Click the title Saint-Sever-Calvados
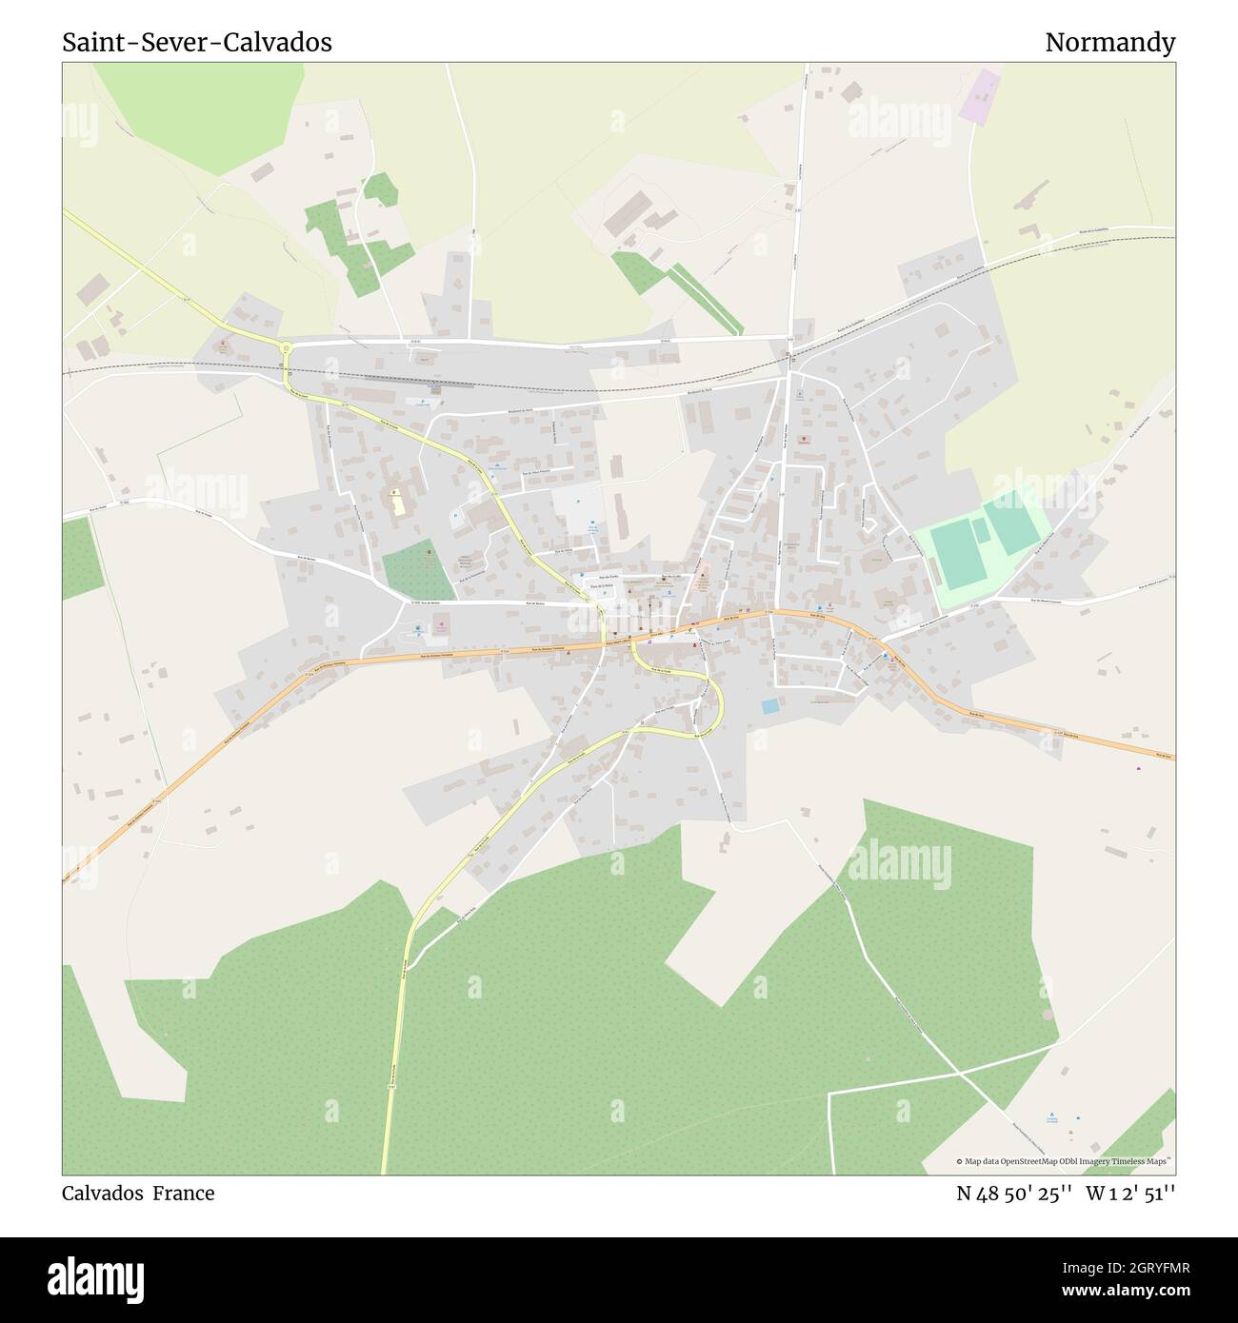(197, 43)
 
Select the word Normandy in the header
(1109, 43)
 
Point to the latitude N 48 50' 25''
(1015, 1194)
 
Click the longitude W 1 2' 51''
(1131, 1194)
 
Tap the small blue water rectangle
(769, 706)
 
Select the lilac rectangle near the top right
(980, 95)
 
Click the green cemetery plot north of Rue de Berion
(418, 570)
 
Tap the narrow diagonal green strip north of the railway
(705, 299)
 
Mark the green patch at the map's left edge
(82, 558)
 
